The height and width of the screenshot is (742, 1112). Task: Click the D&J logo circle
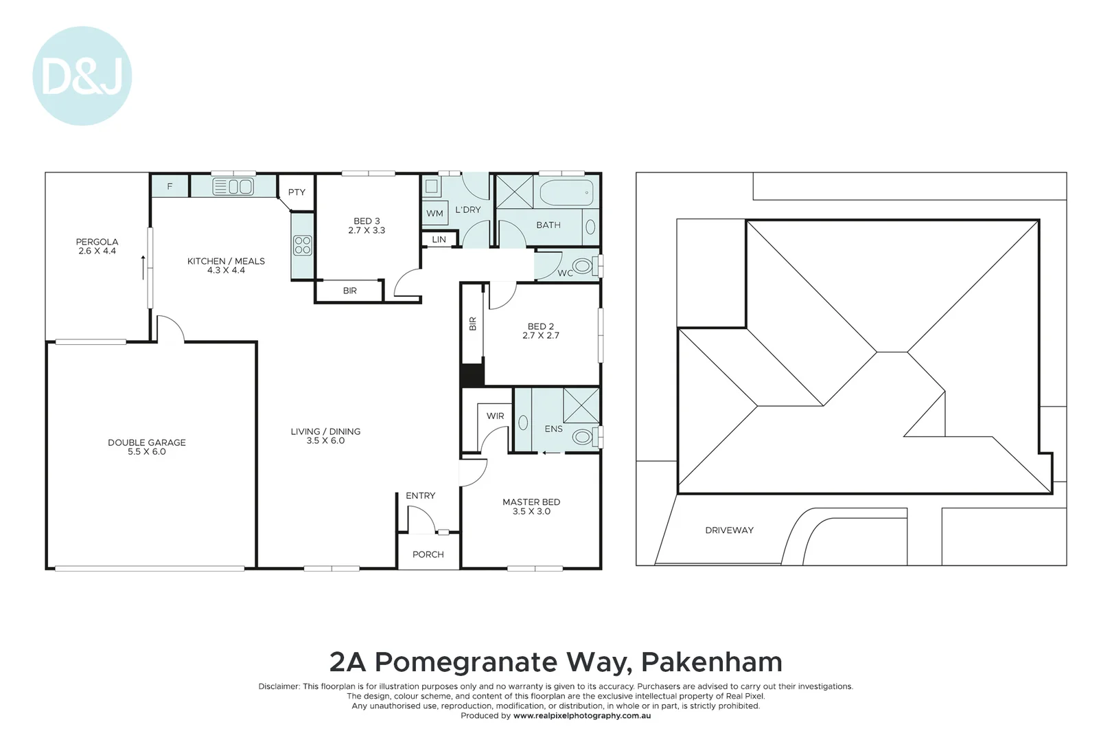pyautogui.click(x=82, y=76)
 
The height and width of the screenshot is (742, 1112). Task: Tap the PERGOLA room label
pyautogui.click(x=97, y=242)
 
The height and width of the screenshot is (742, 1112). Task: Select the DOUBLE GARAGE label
pyautogui.click(x=146, y=442)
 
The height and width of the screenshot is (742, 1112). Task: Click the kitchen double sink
pyautogui.click(x=233, y=187)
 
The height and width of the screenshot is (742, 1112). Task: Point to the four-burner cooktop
pyautogui.click(x=302, y=245)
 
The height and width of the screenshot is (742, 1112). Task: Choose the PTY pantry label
pyautogui.click(x=297, y=192)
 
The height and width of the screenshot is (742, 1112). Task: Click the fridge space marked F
pyautogui.click(x=170, y=186)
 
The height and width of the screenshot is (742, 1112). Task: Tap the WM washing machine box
pyautogui.click(x=435, y=213)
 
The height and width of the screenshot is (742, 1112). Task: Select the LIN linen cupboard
pyautogui.click(x=439, y=240)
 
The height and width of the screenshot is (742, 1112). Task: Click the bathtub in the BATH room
pyautogui.click(x=566, y=192)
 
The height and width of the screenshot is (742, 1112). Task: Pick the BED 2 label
pyautogui.click(x=541, y=326)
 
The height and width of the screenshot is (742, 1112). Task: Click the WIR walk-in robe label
pyautogui.click(x=495, y=416)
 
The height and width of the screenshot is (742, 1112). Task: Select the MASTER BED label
pyautogui.click(x=531, y=502)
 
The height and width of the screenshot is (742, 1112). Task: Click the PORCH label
pyautogui.click(x=428, y=554)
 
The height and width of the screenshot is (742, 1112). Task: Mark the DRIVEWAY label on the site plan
pyautogui.click(x=729, y=530)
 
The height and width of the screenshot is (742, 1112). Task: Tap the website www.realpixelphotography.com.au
pyautogui.click(x=582, y=716)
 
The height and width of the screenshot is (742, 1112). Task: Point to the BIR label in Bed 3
pyautogui.click(x=349, y=291)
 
